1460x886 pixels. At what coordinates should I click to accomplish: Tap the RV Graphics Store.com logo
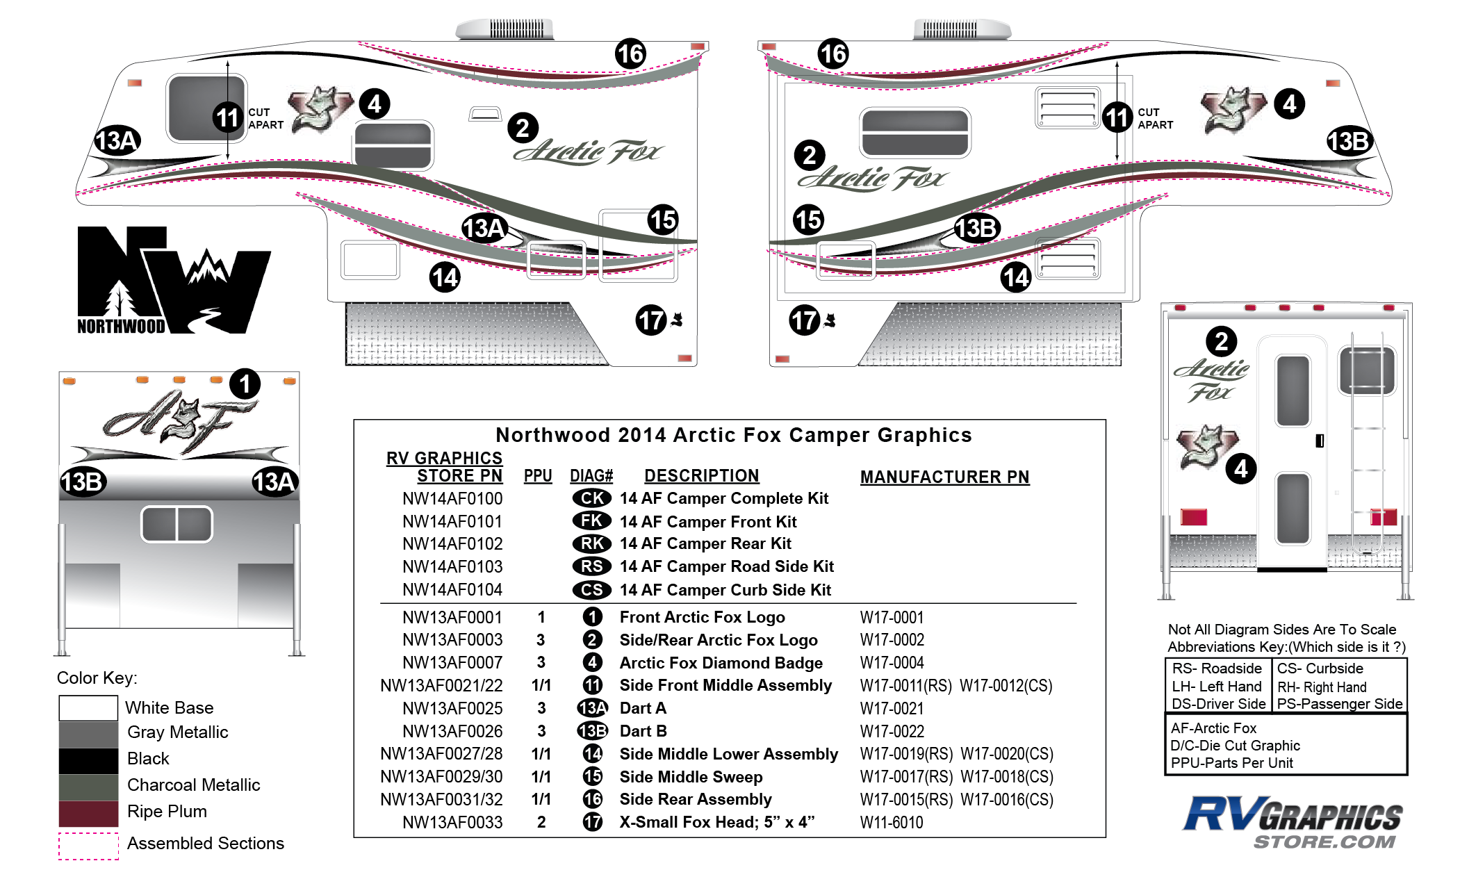pyautogui.click(x=1293, y=823)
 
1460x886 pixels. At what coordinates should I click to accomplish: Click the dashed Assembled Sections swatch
pyautogui.click(x=88, y=846)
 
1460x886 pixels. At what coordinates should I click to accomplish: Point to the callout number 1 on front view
pyautogui.click(x=245, y=384)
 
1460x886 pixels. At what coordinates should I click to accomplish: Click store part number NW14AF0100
pyautogui.click(x=452, y=499)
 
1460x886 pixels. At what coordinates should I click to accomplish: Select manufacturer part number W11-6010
pyautogui.click(x=892, y=823)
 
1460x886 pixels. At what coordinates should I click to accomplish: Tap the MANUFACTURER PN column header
pyautogui.click(x=944, y=477)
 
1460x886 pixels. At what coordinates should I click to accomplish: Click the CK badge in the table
pyautogui.click(x=591, y=498)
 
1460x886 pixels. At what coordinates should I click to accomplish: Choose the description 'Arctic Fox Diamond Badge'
pyautogui.click(x=721, y=663)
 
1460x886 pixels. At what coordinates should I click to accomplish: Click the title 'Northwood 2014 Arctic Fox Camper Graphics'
pyautogui.click(x=733, y=435)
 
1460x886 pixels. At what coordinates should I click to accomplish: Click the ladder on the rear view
pyautogui.click(x=1367, y=445)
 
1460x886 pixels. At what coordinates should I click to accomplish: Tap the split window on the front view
pyautogui.click(x=177, y=524)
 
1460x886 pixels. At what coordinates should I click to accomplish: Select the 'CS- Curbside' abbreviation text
pyautogui.click(x=1320, y=668)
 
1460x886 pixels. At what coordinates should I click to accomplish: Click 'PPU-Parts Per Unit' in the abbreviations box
pyautogui.click(x=1231, y=763)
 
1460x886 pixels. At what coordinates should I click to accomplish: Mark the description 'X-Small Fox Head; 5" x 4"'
pyautogui.click(x=716, y=823)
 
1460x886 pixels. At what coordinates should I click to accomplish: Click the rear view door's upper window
pyautogui.click(x=1293, y=391)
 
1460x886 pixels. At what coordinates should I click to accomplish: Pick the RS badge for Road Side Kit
pyautogui.click(x=591, y=566)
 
